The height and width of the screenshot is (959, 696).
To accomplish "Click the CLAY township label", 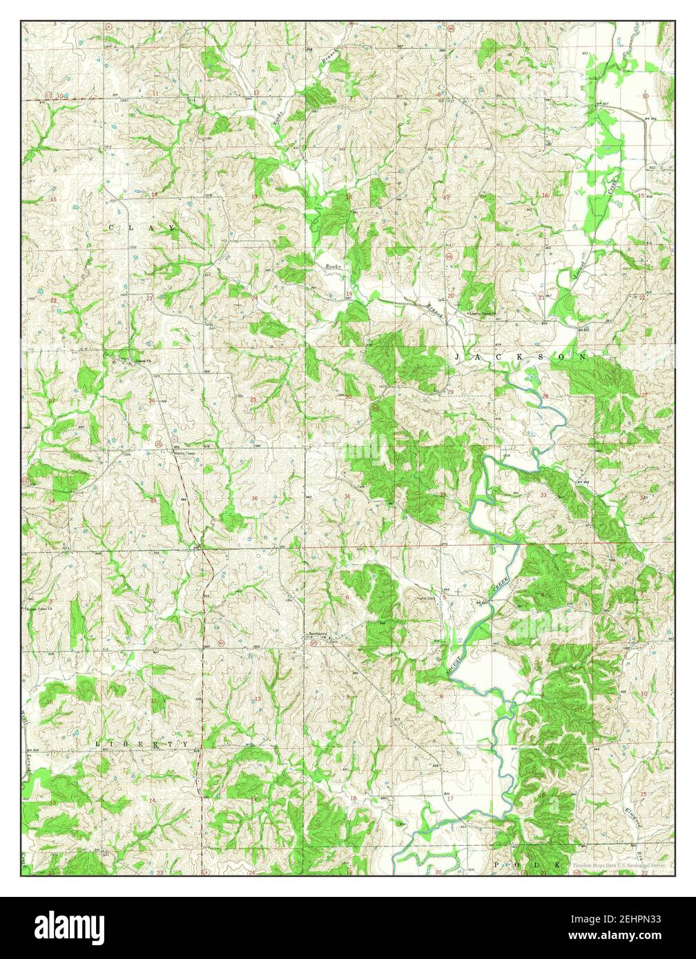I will [x=141, y=226].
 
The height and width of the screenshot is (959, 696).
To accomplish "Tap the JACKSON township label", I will [x=521, y=357].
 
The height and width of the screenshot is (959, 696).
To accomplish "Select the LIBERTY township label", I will [x=142, y=744].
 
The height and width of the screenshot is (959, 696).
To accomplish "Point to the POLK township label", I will [x=527, y=864].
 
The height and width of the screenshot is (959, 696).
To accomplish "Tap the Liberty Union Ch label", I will [x=485, y=313].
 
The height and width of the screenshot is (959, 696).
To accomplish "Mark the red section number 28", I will [x=545, y=396].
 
